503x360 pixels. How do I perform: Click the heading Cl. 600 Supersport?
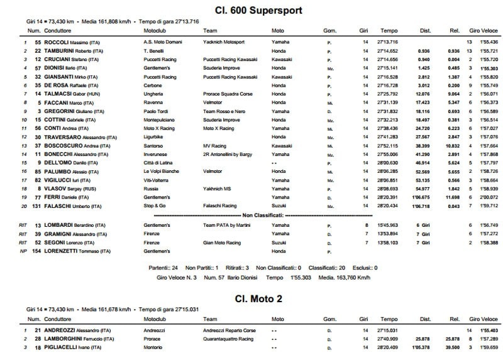[x=250, y=10]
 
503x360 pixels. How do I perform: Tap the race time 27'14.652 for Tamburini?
[x=387, y=50]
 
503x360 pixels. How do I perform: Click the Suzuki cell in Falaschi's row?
[x=279, y=205]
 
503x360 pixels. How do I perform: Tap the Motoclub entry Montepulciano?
[x=162, y=119]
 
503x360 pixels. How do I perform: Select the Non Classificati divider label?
[x=251, y=214]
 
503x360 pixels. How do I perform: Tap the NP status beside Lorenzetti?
[x=23, y=250]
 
